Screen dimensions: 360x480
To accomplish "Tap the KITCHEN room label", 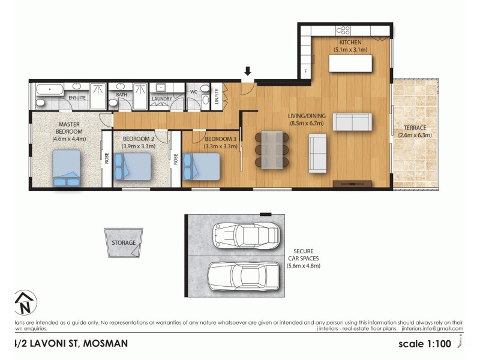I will [350, 43].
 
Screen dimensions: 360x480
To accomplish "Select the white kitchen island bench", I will [350, 63].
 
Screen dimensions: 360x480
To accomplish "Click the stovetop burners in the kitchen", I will [343, 29].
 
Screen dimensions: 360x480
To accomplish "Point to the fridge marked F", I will [305, 71].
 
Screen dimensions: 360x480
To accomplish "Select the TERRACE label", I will [415, 128].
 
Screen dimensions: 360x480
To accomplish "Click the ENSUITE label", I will [76, 98].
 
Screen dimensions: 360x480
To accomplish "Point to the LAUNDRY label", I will [162, 99].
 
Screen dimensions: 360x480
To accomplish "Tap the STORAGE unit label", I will [124, 243].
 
